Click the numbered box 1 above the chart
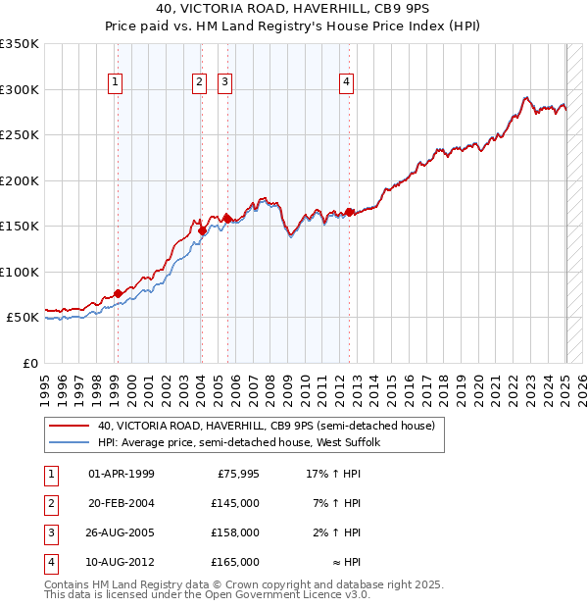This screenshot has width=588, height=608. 117,83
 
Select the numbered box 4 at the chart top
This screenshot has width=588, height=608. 347,83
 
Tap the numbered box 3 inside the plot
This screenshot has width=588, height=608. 225,83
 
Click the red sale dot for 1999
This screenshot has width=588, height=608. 118,293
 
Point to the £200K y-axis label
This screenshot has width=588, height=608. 20,180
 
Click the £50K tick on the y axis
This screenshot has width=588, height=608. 24,318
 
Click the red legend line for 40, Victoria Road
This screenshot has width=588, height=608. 69,426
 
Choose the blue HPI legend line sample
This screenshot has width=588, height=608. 69,442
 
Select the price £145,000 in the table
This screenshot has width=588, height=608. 235,504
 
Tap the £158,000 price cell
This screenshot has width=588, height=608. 235,533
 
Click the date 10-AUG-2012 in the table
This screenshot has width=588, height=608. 122,563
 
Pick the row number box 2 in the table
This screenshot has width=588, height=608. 49,504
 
